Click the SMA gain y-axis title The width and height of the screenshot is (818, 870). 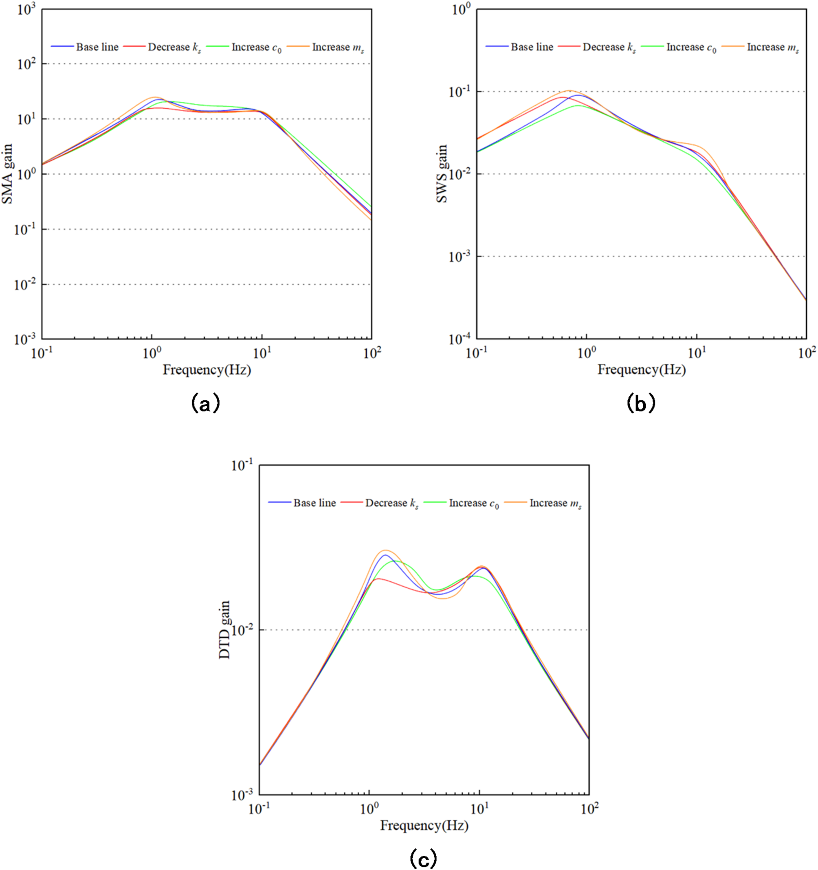point(8,174)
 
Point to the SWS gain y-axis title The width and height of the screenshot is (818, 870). point(442,174)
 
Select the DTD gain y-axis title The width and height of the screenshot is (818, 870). point(224,630)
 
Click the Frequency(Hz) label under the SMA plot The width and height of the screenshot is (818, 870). point(207,370)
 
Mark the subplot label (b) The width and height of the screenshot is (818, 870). point(641,403)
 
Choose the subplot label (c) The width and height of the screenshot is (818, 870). point(423,859)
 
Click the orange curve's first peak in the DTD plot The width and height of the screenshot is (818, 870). point(385,550)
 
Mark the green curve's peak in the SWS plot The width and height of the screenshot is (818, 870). point(578,105)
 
